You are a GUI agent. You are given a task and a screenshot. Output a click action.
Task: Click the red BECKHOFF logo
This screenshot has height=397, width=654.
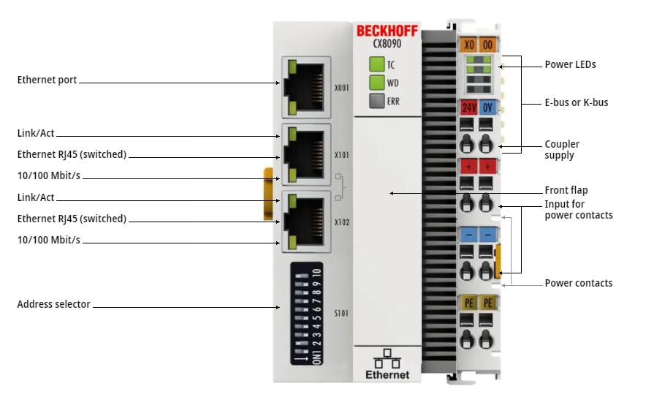387,31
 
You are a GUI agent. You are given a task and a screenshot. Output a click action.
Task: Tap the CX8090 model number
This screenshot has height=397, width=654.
387,44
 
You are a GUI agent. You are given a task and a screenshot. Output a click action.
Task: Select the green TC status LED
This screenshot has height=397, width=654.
376,64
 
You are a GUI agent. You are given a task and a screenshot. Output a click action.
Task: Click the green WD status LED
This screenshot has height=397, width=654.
376,82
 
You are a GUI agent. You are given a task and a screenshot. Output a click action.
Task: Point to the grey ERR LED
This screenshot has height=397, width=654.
376,101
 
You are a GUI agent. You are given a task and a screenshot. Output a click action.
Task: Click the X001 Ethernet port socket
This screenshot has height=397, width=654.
306,87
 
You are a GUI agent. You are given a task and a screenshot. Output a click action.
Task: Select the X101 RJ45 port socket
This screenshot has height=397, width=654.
306,154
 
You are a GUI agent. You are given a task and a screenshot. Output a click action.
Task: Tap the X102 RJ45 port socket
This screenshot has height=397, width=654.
306,222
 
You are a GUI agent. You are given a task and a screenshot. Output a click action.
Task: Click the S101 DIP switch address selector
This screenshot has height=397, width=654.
307,314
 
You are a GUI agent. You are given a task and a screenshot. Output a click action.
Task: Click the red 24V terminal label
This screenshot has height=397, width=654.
469,107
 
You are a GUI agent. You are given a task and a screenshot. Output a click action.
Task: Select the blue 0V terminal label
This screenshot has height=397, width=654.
487,107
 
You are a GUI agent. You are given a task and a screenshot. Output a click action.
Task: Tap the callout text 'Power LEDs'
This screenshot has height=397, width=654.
570,65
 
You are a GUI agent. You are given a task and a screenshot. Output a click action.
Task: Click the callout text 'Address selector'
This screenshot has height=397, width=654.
53,304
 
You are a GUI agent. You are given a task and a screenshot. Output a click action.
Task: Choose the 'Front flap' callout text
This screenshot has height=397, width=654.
566,190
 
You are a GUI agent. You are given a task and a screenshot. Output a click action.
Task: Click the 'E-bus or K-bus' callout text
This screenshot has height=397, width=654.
576,102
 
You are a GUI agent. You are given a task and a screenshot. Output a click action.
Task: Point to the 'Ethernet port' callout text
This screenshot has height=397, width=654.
47,80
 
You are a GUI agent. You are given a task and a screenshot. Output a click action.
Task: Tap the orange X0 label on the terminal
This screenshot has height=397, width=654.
469,45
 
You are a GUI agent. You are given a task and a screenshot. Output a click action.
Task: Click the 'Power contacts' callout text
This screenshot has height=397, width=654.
579,283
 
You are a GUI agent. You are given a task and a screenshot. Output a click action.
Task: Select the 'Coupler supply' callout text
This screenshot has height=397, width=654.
562,149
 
